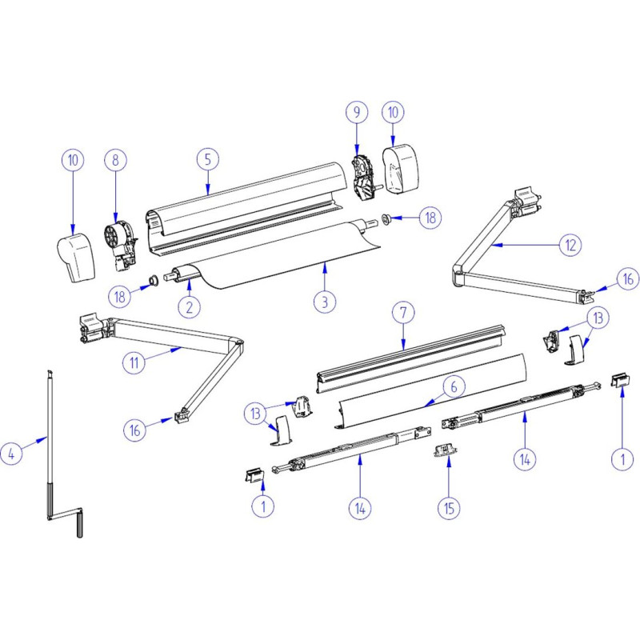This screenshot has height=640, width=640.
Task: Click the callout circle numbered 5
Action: click(207, 158)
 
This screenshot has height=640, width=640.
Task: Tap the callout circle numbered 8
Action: click(115, 159)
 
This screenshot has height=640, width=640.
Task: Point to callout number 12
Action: click(570, 245)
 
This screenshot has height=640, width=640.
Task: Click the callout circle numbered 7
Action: click(402, 314)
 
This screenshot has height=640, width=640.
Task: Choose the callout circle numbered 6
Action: click(452, 386)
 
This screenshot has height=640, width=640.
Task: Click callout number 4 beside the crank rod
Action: click(11, 454)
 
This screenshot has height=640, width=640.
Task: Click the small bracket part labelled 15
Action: click(446, 451)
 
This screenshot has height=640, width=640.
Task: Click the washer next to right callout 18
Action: click(386, 218)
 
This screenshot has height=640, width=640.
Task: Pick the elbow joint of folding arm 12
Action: click(461, 277)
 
